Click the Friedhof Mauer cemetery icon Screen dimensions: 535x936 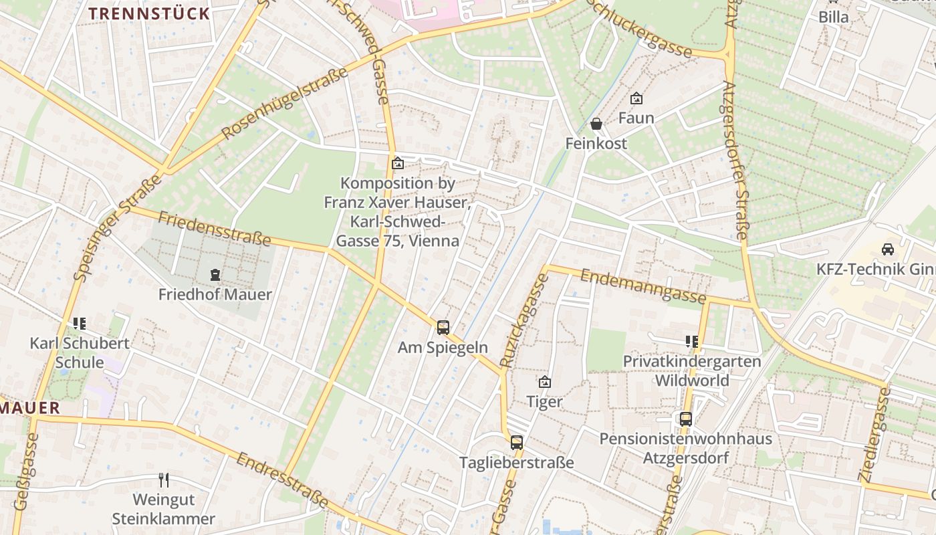(215, 274)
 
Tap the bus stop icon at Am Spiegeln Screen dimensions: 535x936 (443, 327)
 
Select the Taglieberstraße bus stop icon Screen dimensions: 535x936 (516, 442)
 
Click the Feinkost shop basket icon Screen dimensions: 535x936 (596, 124)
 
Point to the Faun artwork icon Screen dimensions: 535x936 (636, 98)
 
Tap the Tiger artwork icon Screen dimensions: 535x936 (545, 382)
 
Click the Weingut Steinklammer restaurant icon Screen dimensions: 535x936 (164, 479)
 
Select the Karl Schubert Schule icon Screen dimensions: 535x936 (80, 324)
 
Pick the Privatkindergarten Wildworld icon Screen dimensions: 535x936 (691, 342)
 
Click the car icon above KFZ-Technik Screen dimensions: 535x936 (888, 249)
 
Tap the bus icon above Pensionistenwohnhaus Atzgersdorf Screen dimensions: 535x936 (685, 419)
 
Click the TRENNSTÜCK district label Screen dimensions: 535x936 (149, 13)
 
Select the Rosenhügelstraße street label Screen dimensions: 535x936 (285, 104)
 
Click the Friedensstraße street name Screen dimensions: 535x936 (215, 228)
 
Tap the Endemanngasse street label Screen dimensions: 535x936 (643, 286)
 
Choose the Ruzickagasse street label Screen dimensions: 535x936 (523, 321)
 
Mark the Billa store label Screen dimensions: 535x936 (834, 17)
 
